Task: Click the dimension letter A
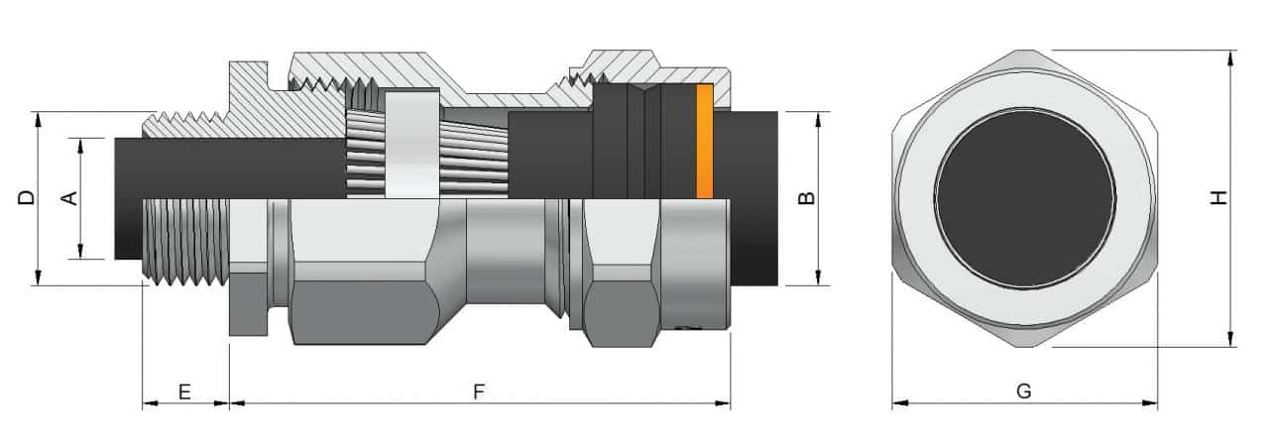69,198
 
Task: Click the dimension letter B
807,197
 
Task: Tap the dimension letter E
184,391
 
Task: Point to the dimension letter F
479,391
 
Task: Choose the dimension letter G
1024,391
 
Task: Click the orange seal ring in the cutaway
705,141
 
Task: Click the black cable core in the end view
1024,198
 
